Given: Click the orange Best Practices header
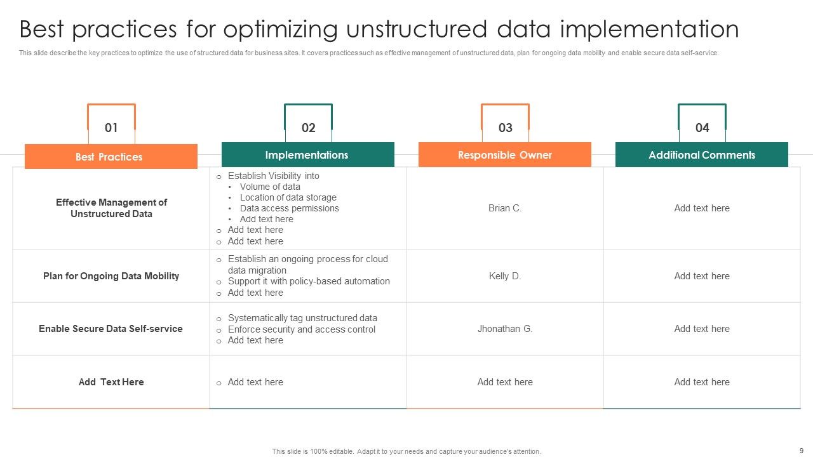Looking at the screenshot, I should (111, 157).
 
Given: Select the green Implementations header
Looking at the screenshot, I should (307, 155).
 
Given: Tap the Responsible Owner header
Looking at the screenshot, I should (505, 155).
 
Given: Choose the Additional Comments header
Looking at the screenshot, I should (702, 155).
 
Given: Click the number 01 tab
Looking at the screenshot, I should (111, 128).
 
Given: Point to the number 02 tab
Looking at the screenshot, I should (308, 128).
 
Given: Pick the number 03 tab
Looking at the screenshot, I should (505, 128).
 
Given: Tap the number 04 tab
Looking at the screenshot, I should (702, 128).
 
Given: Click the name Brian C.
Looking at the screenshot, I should (505, 208).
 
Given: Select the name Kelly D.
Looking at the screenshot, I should (505, 276).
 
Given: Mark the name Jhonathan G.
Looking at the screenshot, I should (505, 329).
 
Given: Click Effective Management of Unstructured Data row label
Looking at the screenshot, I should (111, 208).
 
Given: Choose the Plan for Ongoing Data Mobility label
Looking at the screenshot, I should (111, 276).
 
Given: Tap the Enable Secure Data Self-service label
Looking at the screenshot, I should (111, 329).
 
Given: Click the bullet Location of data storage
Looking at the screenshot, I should (288, 197).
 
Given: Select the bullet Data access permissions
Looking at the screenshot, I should (289, 208).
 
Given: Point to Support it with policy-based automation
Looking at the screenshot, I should (309, 281).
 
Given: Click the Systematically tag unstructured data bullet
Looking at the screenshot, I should (302, 318).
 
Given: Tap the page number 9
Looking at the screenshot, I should (801, 451).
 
